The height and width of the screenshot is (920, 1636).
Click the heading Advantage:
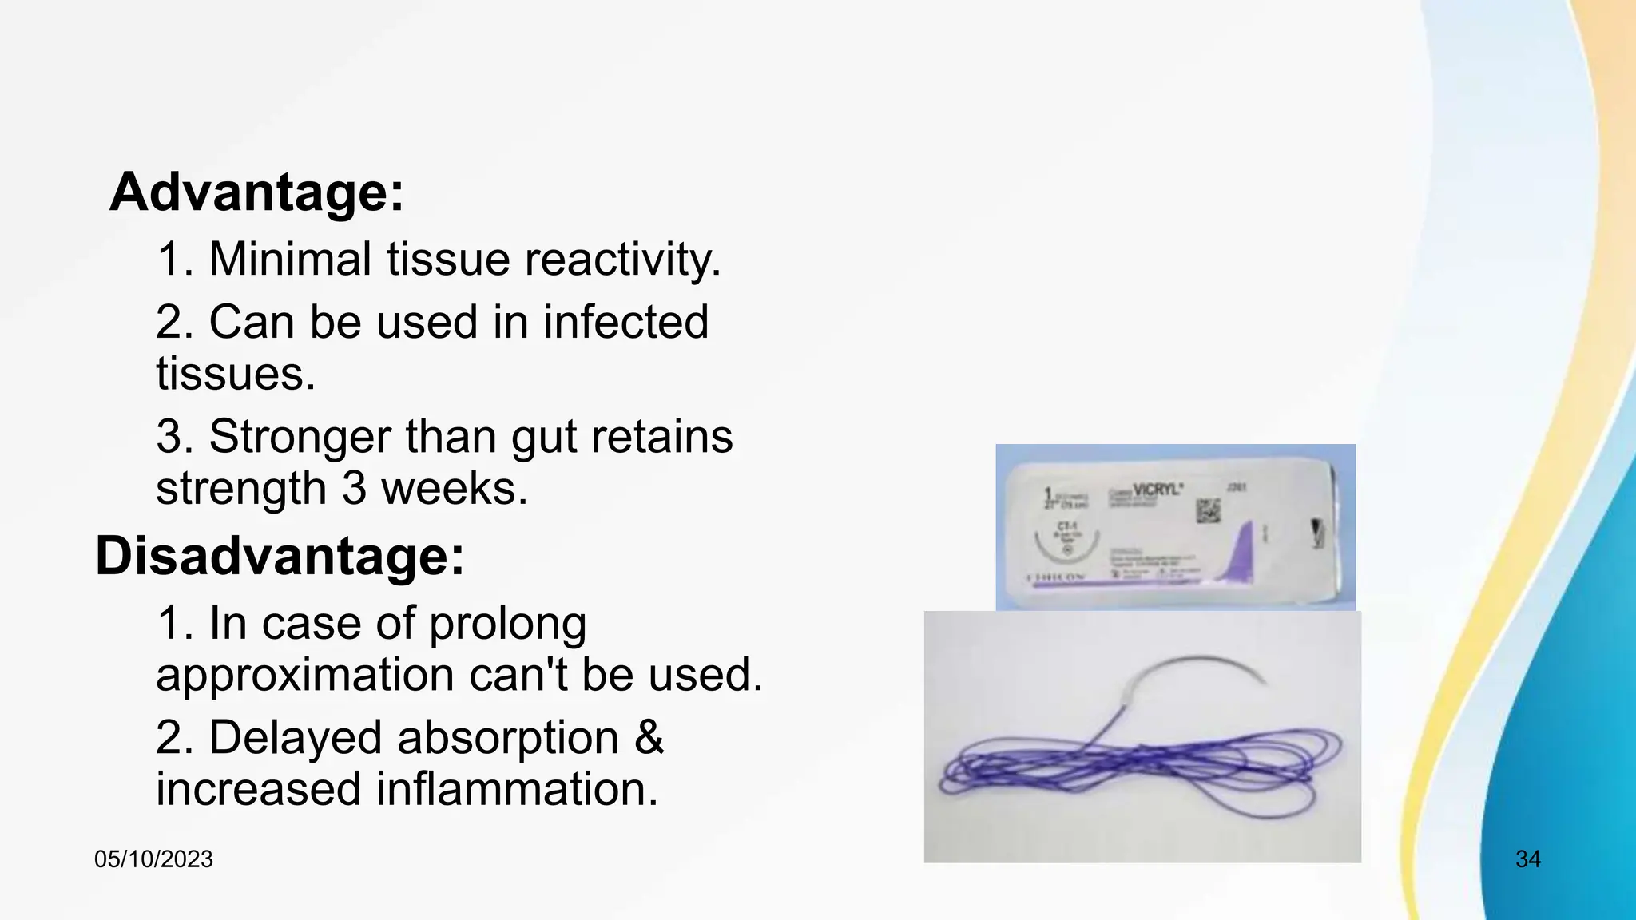click(256, 192)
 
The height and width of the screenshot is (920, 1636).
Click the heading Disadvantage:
click(280, 556)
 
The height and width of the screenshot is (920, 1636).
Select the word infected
click(625, 322)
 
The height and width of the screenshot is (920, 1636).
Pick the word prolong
click(507, 625)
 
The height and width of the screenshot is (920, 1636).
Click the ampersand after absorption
click(649, 737)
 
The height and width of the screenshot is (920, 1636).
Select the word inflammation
click(517, 789)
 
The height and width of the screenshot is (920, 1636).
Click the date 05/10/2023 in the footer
click(153, 859)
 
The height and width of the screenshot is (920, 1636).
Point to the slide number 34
click(1527, 859)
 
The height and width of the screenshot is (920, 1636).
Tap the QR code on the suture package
click(1208, 511)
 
